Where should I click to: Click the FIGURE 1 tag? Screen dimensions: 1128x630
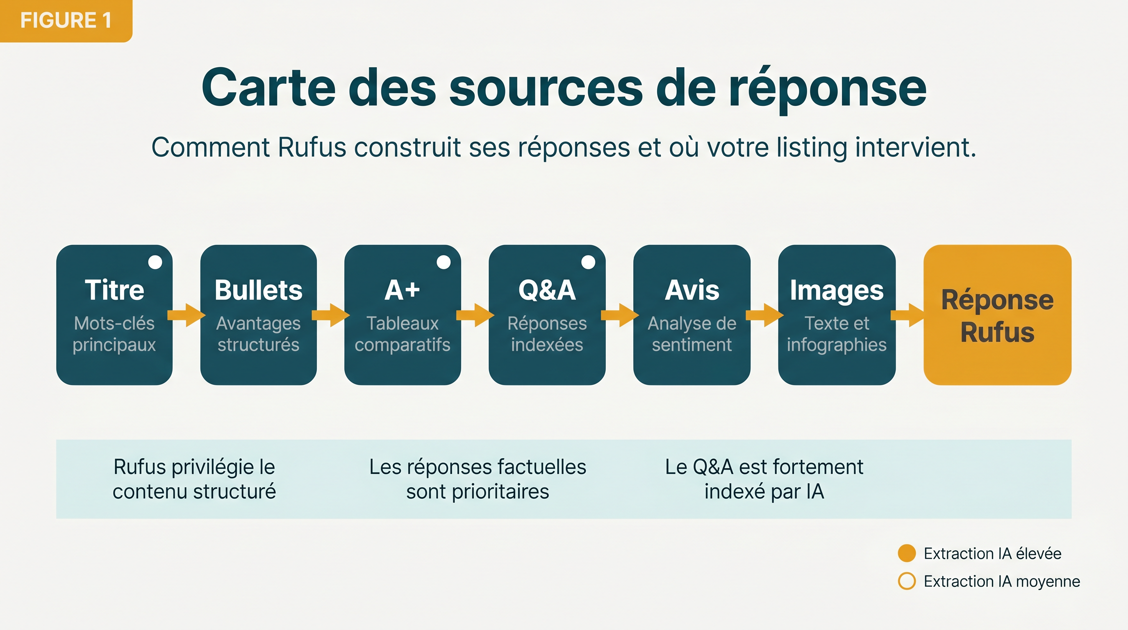tap(66, 21)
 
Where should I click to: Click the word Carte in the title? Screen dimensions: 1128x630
tap(268, 87)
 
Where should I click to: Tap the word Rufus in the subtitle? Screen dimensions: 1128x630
tap(312, 147)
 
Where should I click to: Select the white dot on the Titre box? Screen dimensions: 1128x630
tap(155, 262)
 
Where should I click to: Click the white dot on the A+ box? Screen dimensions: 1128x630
tap(443, 262)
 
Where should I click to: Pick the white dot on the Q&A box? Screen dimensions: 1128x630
tap(588, 262)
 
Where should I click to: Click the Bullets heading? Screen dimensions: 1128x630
tap(258, 290)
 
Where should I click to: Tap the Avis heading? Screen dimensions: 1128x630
tap(692, 290)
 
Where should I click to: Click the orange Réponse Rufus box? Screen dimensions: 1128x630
tap(998, 315)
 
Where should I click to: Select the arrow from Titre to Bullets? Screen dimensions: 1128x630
tap(186, 315)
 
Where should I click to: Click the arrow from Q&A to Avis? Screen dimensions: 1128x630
tap(620, 315)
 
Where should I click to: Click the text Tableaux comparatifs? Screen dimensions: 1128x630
tap(403, 334)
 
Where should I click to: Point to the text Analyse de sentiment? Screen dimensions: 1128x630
tap(692, 334)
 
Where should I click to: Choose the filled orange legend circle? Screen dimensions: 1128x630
tap(907, 553)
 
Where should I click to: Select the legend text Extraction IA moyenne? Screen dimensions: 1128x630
tap(1002, 581)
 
